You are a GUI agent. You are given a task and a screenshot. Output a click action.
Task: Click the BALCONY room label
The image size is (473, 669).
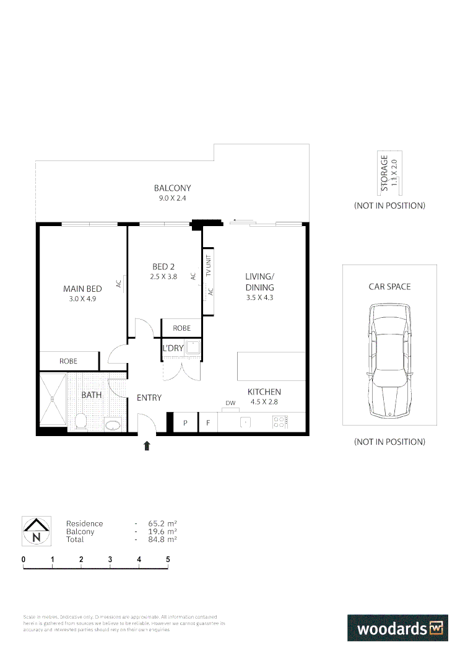(172, 188)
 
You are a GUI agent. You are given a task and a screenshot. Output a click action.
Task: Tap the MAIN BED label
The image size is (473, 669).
(82, 289)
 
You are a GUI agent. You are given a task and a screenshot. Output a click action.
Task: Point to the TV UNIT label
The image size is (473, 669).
(209, 265)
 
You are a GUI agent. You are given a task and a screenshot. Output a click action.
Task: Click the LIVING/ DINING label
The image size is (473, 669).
(259, 282)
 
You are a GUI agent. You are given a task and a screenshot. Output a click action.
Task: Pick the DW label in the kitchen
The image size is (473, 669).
(231, 403)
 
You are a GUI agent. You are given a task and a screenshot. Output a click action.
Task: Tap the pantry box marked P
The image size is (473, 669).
(184, 423)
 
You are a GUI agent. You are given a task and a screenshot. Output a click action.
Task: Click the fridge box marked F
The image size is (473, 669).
(208, 423)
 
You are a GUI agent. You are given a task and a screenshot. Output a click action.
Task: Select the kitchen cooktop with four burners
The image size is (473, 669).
(280, 422)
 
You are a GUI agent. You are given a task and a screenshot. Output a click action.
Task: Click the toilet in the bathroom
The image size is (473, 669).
(80, 422)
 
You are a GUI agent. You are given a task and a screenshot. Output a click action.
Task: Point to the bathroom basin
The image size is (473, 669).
(113, 426)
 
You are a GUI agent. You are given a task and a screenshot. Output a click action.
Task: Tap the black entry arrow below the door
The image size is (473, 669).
(147, 445)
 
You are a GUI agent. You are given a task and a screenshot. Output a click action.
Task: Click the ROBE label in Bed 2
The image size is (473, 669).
(181, 328)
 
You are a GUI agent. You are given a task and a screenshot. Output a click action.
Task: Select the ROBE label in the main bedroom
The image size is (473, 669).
(68, 361)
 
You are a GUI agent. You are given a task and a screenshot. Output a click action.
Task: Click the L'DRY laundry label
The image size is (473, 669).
(173, 348)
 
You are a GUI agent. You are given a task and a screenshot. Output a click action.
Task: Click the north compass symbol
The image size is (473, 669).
(36, 531)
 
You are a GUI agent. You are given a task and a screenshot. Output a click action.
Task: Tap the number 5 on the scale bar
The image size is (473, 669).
(168, 559)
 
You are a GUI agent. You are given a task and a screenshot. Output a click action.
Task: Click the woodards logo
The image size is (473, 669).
(397, 628)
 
